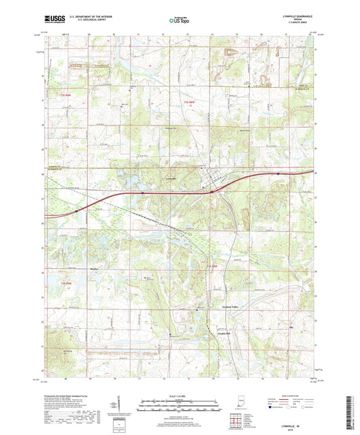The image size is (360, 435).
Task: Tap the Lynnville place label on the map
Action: [x=153, y=178]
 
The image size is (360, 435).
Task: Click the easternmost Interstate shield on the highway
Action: [x=278, y=173]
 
